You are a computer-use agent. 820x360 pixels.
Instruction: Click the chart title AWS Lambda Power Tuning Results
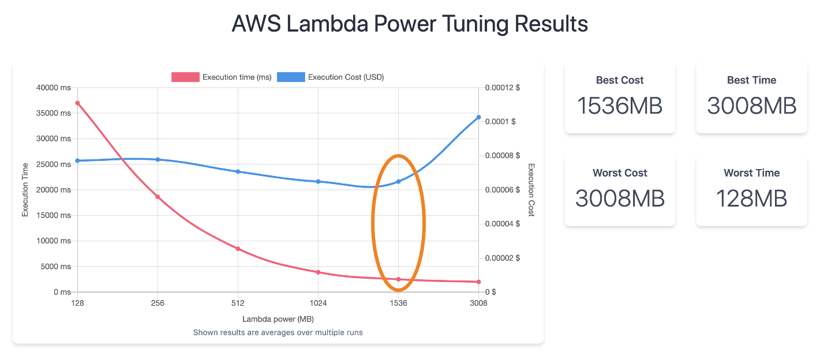410,24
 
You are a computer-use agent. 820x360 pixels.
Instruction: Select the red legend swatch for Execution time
185,77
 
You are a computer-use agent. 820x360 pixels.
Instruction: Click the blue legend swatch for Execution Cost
291,77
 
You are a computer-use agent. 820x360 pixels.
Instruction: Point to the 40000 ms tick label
54,88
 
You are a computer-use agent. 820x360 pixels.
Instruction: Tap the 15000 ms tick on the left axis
54,215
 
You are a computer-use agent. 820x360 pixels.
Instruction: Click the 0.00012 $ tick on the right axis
502,88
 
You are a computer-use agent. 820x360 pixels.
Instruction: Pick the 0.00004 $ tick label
502,224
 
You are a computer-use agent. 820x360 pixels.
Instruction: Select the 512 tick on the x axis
238,303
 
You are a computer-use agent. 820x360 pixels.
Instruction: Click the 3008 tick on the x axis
478,303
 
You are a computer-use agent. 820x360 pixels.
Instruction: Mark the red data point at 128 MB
77,103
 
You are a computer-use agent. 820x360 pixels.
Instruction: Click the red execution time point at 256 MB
158,197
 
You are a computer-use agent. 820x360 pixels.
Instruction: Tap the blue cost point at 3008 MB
478,117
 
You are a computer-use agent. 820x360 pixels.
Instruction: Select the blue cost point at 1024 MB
318,182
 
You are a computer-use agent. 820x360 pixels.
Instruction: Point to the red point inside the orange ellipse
398,279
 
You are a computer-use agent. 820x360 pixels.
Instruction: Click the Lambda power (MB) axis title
278,319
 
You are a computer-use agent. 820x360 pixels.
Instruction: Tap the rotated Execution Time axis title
25,190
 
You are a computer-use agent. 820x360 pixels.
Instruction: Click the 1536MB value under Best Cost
620,106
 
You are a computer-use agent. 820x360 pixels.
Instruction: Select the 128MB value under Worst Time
751,198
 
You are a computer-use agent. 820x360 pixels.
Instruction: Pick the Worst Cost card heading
620,172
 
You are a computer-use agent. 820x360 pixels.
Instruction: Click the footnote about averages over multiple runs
278,332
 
